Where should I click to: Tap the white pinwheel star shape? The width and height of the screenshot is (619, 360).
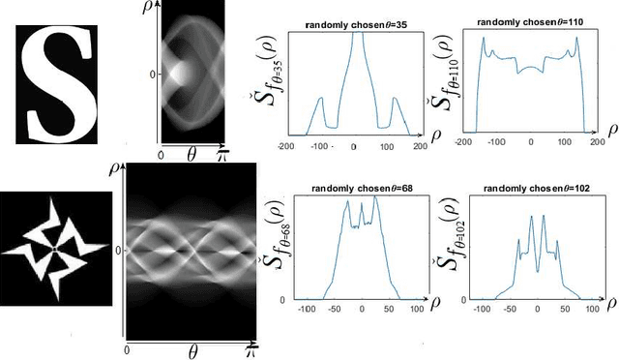click(x=56, y=249)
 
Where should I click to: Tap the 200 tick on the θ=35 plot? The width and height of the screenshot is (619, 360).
click(x=418, y=145)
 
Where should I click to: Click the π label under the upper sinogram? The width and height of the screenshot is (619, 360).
click(x=222, y=152)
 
